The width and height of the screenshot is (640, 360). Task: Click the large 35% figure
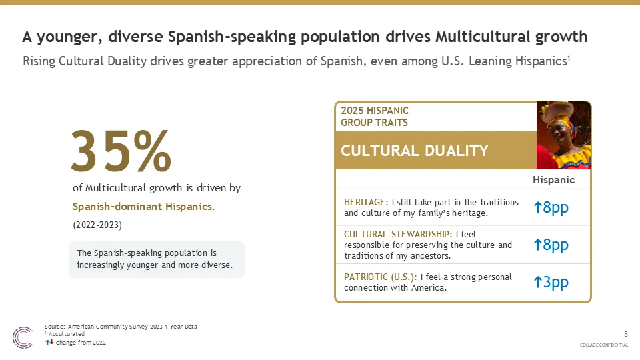[121, 151]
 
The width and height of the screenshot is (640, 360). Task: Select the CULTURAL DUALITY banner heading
[414, 151]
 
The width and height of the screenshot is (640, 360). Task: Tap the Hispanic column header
[553, 180]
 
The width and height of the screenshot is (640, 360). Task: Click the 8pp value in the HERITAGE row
[551, 207]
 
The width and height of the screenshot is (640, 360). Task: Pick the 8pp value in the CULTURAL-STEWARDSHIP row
[551, 245]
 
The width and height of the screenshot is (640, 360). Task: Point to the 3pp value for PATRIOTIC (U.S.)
[551, 282]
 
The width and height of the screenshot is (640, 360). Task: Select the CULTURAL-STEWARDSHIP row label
[398, 234]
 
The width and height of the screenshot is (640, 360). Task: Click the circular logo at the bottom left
[23, 337]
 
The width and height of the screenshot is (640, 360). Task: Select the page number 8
[626, 334]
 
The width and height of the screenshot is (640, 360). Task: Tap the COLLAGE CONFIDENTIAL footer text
[604, 345]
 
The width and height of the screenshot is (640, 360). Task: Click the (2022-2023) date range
[97, 225]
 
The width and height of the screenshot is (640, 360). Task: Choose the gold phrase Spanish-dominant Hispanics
[143, 207]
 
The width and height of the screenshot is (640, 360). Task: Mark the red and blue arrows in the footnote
[49, 343]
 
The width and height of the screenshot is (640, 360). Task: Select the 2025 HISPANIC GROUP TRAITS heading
[375, 116]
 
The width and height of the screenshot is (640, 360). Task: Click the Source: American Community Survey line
[121, 327]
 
